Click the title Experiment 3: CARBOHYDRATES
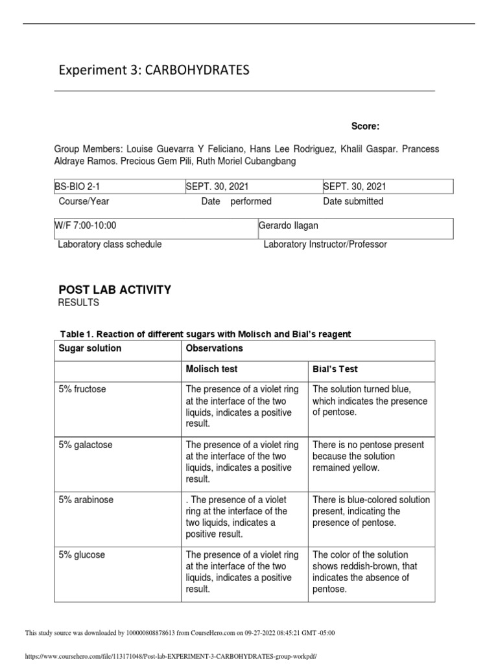click(154, 71)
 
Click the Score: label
click(366, 126)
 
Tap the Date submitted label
click(353, 202)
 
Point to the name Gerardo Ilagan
click(289, 225)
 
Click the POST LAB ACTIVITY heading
click(115, 290)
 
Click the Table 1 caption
click(205, 335)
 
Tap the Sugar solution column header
click(90, 349)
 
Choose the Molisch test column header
click(211, 370)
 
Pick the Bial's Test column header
click(335, 370)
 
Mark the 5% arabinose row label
click(85, 500)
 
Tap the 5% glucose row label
click(81, 555)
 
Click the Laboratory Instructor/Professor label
click(325, 244)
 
